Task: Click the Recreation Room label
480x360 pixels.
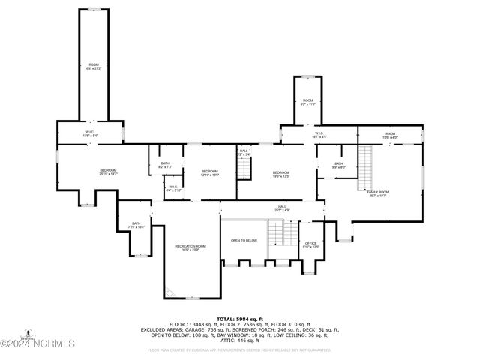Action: click(190, 247)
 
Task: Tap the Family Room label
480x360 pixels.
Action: click(378, 193)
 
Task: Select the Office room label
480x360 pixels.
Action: click(311, 244)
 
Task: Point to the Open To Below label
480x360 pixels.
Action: click(244, 241)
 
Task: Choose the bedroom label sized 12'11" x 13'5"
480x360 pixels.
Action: click(209, 173)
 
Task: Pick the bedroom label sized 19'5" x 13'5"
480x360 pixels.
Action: click(281, 173)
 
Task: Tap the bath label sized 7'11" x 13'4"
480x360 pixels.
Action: click(136, 224)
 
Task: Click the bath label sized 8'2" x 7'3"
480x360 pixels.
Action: click(166, 165)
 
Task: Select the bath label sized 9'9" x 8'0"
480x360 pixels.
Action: click(339, 165)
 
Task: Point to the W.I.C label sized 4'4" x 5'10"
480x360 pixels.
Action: click(172, 188)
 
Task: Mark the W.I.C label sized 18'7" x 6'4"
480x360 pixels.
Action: click(319, 135)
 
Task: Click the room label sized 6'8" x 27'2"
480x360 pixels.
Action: click(94, 66)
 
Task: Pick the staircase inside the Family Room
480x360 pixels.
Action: click(364, 169)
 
